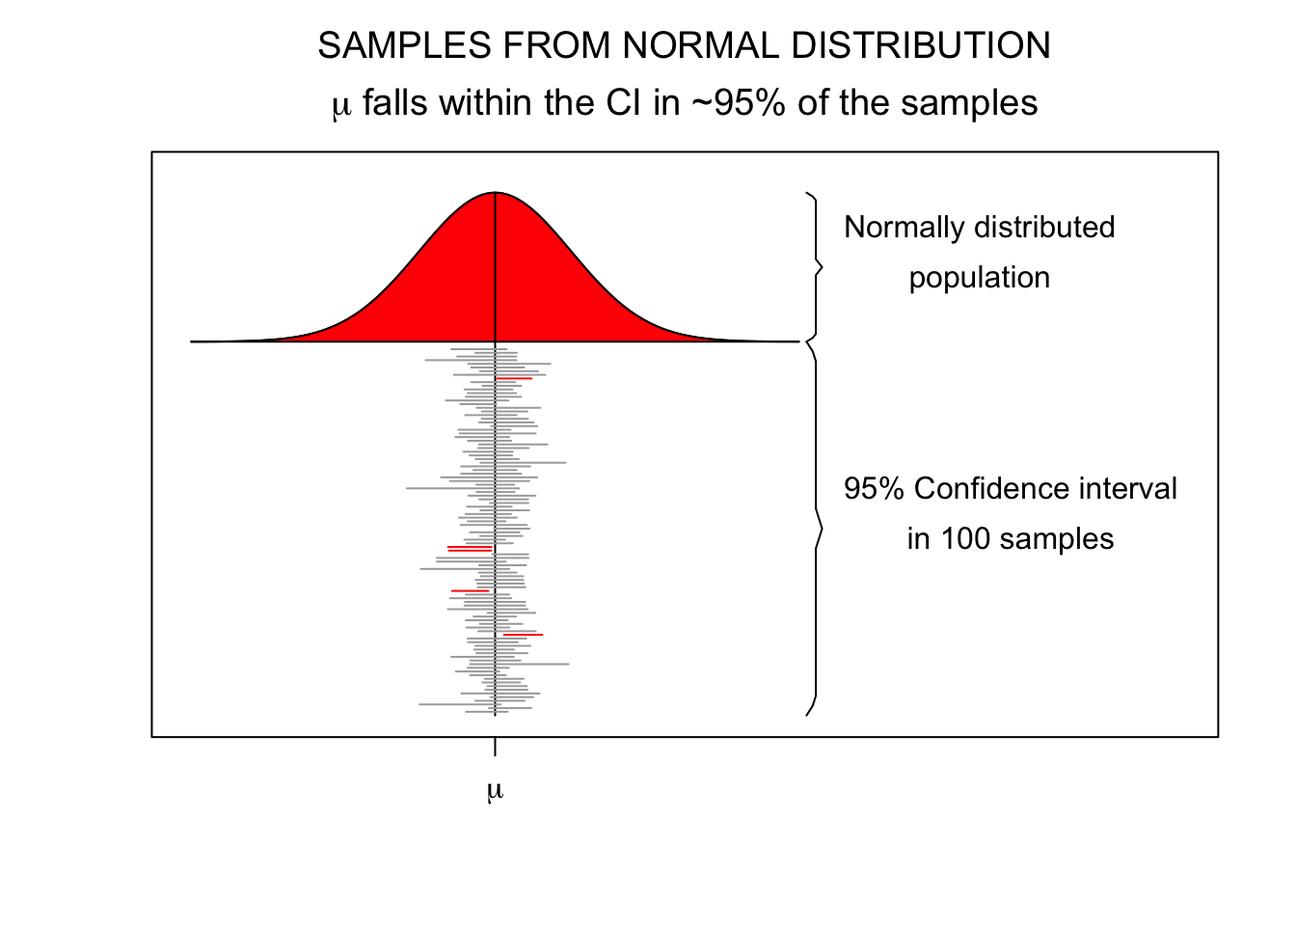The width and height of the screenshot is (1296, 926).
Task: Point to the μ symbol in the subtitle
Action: [341, 105]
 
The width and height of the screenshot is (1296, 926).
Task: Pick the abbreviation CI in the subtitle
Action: [625, 103]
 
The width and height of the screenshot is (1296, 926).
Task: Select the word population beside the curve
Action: [979, 278]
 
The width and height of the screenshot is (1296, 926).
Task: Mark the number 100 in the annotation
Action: [966, 539]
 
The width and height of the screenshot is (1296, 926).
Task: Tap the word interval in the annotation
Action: [1130, 489]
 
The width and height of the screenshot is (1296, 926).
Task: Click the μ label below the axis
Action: [495, 792]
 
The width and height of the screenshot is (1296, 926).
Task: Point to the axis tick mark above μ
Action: [495, 747]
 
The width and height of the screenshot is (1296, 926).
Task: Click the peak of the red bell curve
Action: [495, 193]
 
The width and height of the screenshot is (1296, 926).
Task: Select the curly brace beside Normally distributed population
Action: [816, 267]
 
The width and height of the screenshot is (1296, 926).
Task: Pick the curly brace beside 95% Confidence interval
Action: [816, 529]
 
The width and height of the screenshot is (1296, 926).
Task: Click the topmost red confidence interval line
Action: [514, 379]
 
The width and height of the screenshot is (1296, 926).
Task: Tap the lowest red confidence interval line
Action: [523, 635]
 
